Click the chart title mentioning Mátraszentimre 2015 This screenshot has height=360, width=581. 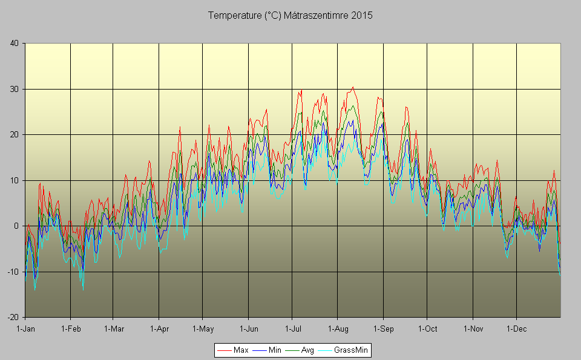(x=290, y=15)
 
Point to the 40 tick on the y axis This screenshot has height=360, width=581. (x=14, y=43)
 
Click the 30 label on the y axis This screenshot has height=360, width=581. (x=14, y=89)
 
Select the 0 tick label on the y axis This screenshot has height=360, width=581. (x=16, y=226)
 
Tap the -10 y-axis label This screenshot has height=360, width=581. (x=12, y=272)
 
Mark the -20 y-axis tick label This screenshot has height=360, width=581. (x=12, y=318)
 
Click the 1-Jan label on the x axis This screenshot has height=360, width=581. (x=25, y=329)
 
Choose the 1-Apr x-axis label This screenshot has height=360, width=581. (x=159, y=329)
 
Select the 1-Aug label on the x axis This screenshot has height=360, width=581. (x=338, y=329)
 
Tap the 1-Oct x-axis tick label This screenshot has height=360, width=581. (x=427, y=329)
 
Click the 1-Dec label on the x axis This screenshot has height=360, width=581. (x=517, y=329)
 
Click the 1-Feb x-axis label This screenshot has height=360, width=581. (x=71, y=329)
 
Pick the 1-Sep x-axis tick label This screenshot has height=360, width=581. (x=383, y=329)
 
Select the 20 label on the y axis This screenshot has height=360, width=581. (x=14, y=134)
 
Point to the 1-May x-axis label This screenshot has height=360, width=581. (x=203, y=329)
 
